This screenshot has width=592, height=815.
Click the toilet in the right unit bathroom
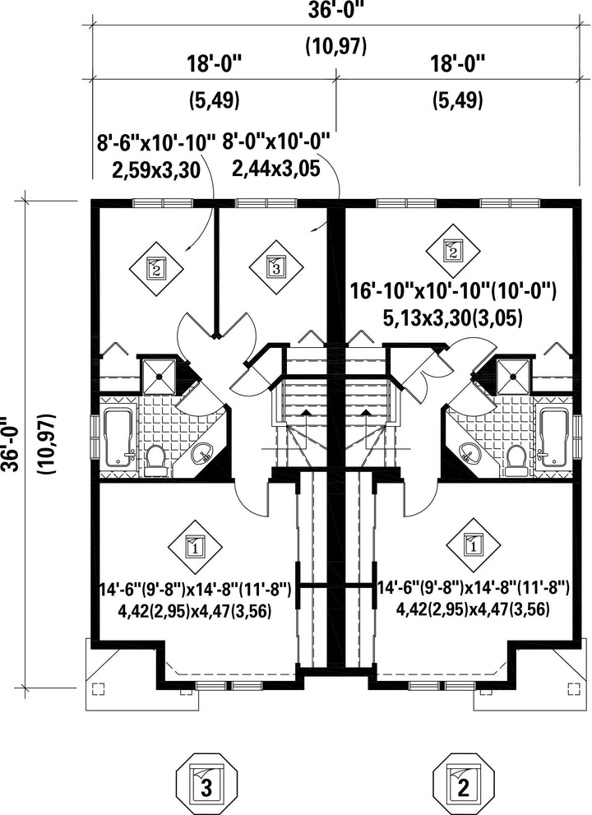point(516,460)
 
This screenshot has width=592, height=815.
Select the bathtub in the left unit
point(119,438)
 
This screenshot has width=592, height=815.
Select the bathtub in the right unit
point(553,438)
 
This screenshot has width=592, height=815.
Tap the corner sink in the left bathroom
point(203,454)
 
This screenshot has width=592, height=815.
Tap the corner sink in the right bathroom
point(470,454)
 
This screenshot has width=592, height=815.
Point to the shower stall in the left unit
point(158,375)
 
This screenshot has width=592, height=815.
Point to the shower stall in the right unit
point(515,375)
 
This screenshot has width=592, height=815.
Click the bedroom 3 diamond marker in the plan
point(275,267)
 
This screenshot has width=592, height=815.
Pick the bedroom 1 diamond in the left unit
point(195,546)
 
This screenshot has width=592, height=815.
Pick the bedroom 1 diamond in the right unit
point(474,546)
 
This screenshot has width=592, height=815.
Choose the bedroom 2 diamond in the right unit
point(452,251)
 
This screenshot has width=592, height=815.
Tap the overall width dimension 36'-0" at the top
point(335,11)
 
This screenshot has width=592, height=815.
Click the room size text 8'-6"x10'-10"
point(156,142)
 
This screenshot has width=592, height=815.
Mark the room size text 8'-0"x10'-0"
point(276,141)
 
